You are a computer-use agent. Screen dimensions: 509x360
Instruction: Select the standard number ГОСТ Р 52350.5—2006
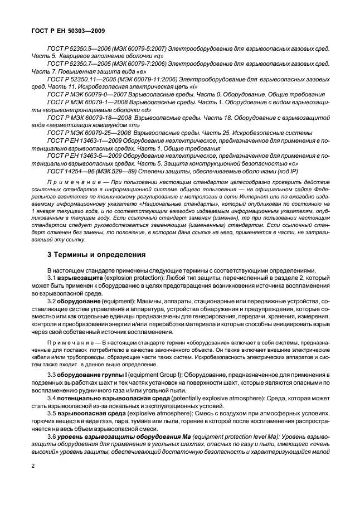[x=80, y=50]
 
